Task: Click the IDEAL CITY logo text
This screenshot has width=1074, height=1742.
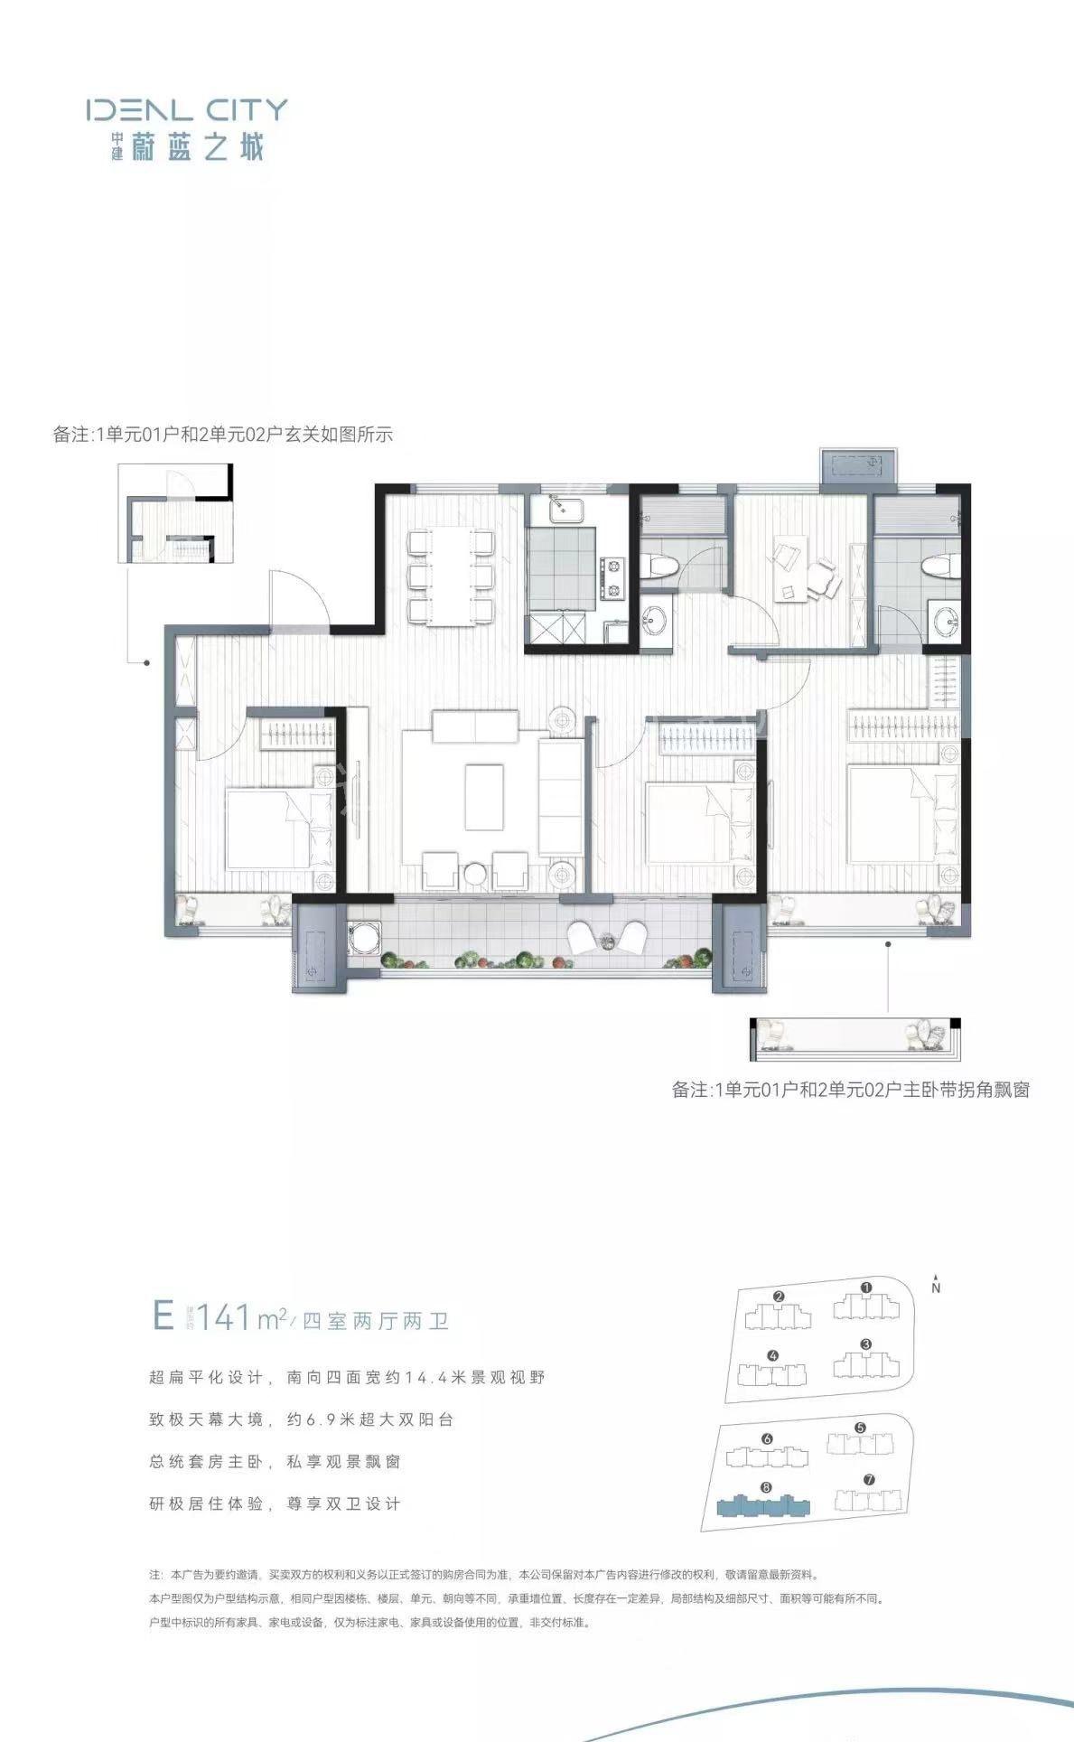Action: (x=187, y=110)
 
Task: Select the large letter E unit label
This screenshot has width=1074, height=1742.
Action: (x=163, y=1315)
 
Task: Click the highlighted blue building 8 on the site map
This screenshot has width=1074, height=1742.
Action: (x=764, y=1506)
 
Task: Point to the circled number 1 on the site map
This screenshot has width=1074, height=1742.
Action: (x=866, y=1288)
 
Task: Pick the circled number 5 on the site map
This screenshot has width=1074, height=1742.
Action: (x=860, y=1428)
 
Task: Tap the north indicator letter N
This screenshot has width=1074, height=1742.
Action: (x=936, y=1288)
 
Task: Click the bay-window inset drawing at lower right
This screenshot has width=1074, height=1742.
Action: (x=855, y=1038)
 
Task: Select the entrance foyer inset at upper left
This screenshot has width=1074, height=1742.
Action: (x=176, y=515)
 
